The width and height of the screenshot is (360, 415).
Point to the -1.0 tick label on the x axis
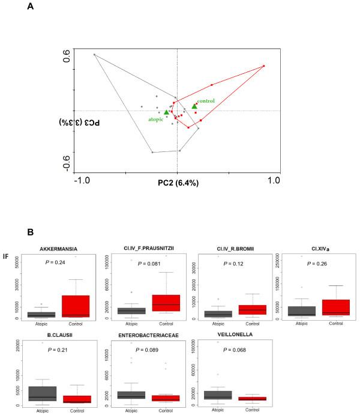click(x=82, y=180)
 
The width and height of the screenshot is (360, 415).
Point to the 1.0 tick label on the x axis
click(x=274, y=180)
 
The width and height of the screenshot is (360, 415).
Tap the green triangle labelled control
click(x=194, y=106)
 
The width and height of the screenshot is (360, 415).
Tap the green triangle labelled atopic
click(x=166, y=112)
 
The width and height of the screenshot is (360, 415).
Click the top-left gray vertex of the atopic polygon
click(x=94, y=55)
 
